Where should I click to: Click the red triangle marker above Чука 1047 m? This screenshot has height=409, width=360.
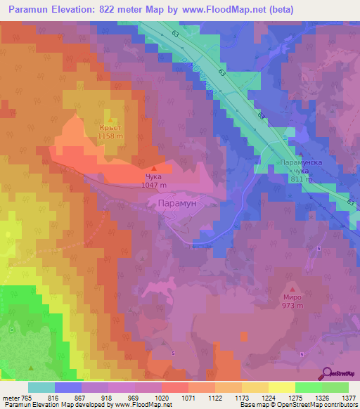(x=154, y=167)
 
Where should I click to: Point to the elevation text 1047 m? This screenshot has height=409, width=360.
(x=153, y=185)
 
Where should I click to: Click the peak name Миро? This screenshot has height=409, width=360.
(x=292, y=297)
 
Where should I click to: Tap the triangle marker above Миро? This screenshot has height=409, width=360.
(x=292, y=287)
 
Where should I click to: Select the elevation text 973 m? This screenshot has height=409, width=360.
(x=292, y=306)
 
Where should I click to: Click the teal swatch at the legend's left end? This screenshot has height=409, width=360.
(x=41, y=387)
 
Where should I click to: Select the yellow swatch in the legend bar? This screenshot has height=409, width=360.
(x=281, y=387)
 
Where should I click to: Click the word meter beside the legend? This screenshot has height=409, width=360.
(x=11, y=398)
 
